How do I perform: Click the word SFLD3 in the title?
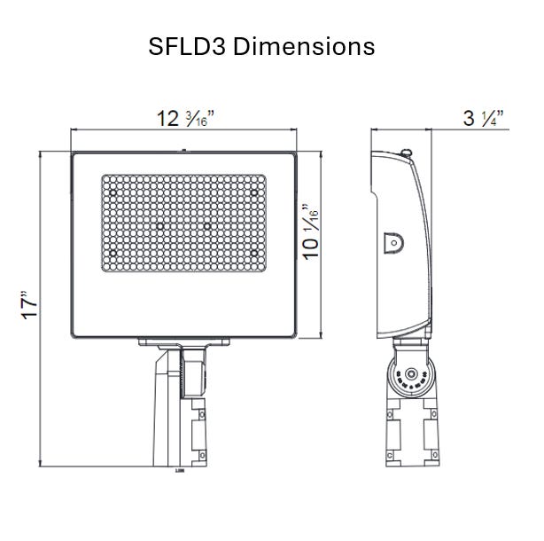188,46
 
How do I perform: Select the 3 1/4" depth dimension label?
484,117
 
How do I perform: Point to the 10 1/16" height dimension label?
311,233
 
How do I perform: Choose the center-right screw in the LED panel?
207,226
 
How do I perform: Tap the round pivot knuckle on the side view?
410,377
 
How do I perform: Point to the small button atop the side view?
407,153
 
